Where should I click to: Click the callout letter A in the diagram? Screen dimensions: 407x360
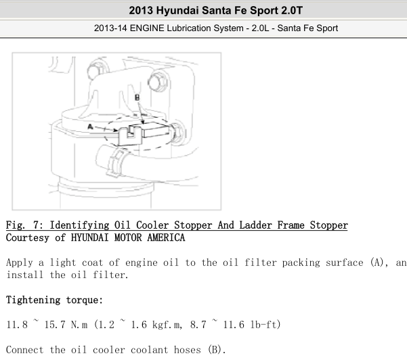[90, 127]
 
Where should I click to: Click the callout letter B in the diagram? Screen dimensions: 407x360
[137, 97]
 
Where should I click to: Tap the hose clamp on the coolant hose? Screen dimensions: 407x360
[116, 162]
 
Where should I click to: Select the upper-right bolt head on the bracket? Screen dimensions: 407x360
[158, 83]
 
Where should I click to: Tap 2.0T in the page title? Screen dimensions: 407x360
[292, 11]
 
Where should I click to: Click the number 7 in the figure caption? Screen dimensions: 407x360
[37, 225]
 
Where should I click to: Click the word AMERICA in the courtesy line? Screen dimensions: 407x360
[166, 238]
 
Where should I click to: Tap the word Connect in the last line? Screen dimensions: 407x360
[24, 350]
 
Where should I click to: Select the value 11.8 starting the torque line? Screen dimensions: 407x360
[17, 324]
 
